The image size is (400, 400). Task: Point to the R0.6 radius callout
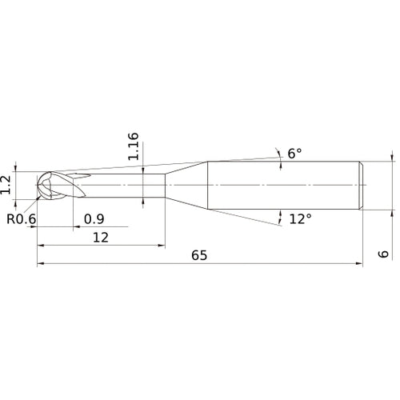(x=21, y=218)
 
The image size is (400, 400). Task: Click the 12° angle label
(x=299, y=218)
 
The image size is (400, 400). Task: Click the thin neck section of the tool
(x=120, y=186)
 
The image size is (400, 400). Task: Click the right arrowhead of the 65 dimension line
(x=360, y=263)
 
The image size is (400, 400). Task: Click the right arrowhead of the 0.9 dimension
(x=74, y=227)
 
